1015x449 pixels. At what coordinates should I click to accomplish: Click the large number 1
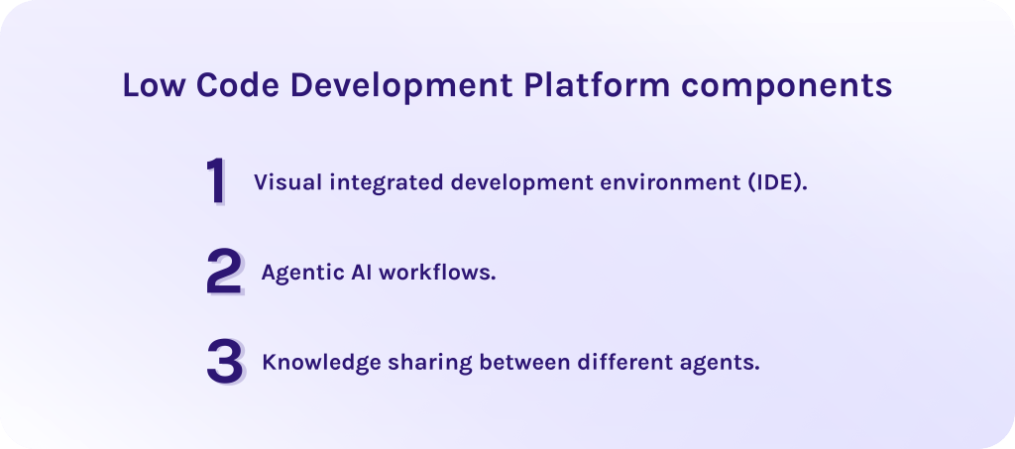point(216,182)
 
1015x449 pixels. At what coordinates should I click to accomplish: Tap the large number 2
point(223,273)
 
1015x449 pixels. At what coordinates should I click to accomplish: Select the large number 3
point(224,362)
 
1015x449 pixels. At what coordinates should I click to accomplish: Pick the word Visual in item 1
point(283,183)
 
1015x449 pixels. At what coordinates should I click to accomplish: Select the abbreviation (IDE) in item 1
point(777,183)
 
